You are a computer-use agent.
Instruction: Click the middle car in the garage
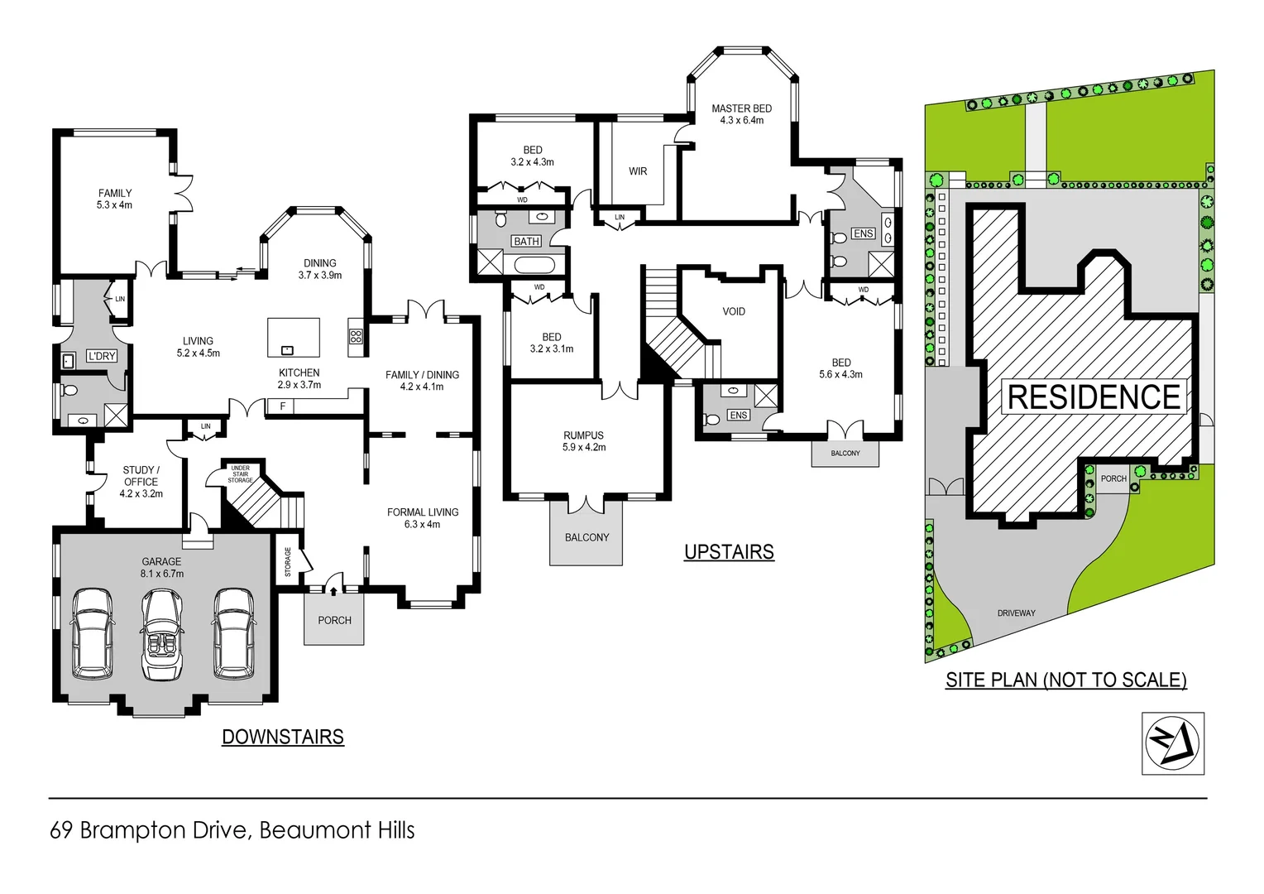[x=161, y=633]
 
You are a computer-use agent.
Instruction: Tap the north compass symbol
[x=1172, y=743]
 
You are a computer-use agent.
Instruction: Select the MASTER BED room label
[x=741, y=108]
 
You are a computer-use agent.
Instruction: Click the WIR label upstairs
[x=638, y=171]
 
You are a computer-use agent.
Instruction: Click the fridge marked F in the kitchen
[x=283, y=406]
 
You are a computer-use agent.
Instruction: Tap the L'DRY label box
[x=102, y=356]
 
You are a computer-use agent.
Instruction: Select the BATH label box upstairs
[x=526, y=242]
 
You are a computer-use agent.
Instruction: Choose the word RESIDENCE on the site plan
[x=1094, y=397]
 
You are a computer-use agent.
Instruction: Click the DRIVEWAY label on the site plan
[x=1016, y=613]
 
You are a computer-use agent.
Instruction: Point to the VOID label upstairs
[x=734, y=312]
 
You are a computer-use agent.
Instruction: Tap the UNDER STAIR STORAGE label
[x=240, y=474]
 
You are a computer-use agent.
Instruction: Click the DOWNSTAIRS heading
[x=283, y=737]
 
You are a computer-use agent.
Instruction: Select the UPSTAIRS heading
[x=729, y=552]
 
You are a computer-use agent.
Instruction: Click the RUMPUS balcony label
[x=587, y=538]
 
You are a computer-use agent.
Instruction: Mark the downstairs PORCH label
[x=334, y=621]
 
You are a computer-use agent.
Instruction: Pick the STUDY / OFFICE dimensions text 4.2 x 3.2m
[x=141, y=494]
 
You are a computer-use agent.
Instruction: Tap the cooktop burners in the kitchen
[x=356, y=336]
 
